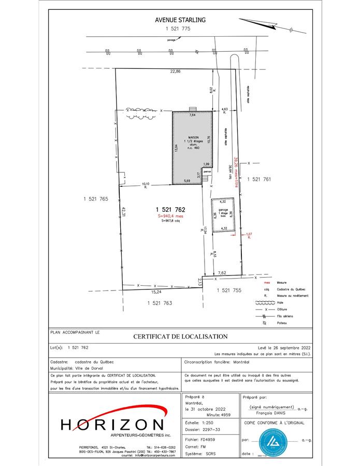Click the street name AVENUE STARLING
[180, 20]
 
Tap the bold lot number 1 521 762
[170, 209]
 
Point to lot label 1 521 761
[260, 179]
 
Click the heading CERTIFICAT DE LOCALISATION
[180, 337]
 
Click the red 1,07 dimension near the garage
[249, 234]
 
